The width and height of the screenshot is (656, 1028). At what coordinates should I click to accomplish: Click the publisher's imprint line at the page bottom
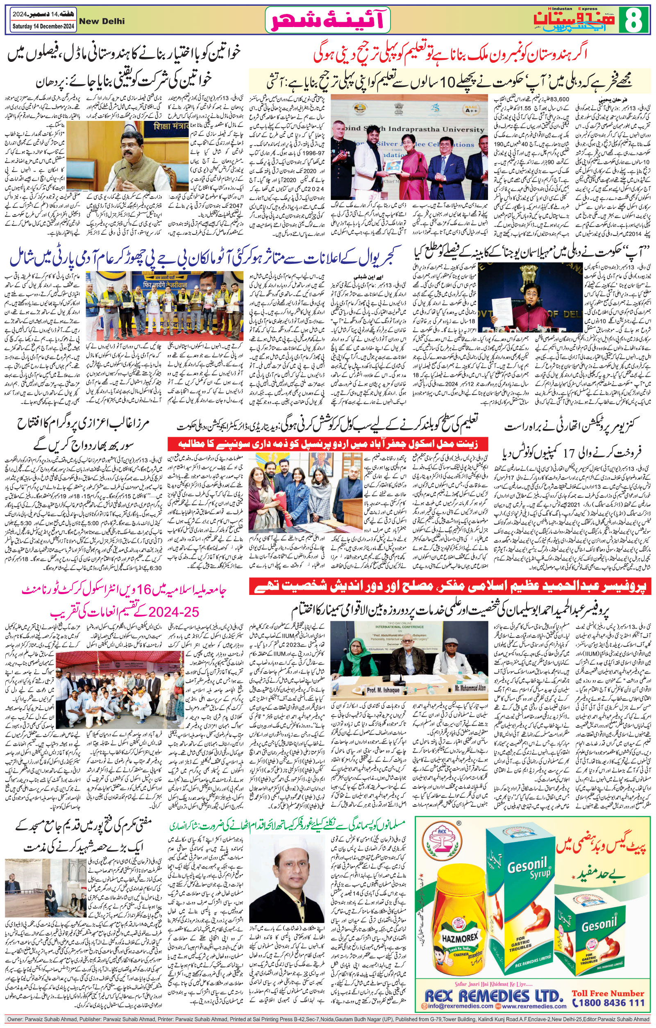[x=328, y=1024]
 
